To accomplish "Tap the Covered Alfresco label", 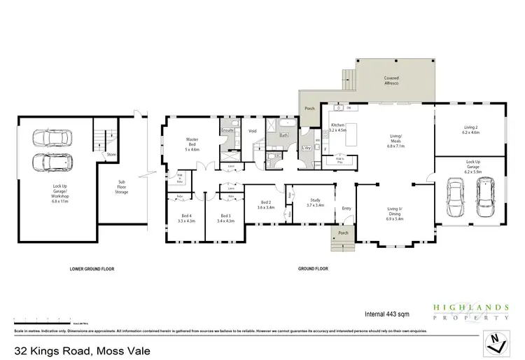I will (391, 81).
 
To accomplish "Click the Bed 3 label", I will (226, 219).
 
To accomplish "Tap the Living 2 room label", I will (470, 130).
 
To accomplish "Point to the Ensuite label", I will (227, 130).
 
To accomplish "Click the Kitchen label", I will (338, 127).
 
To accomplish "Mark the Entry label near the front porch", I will (345, 208).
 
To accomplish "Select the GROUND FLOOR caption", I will (313, 269).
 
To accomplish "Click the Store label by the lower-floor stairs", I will (111, 154).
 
